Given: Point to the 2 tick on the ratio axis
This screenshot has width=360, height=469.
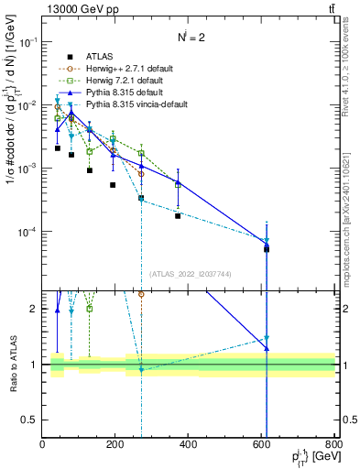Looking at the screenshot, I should [35, 309].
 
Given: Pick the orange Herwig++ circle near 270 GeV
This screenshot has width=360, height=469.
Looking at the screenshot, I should [141, 173].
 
